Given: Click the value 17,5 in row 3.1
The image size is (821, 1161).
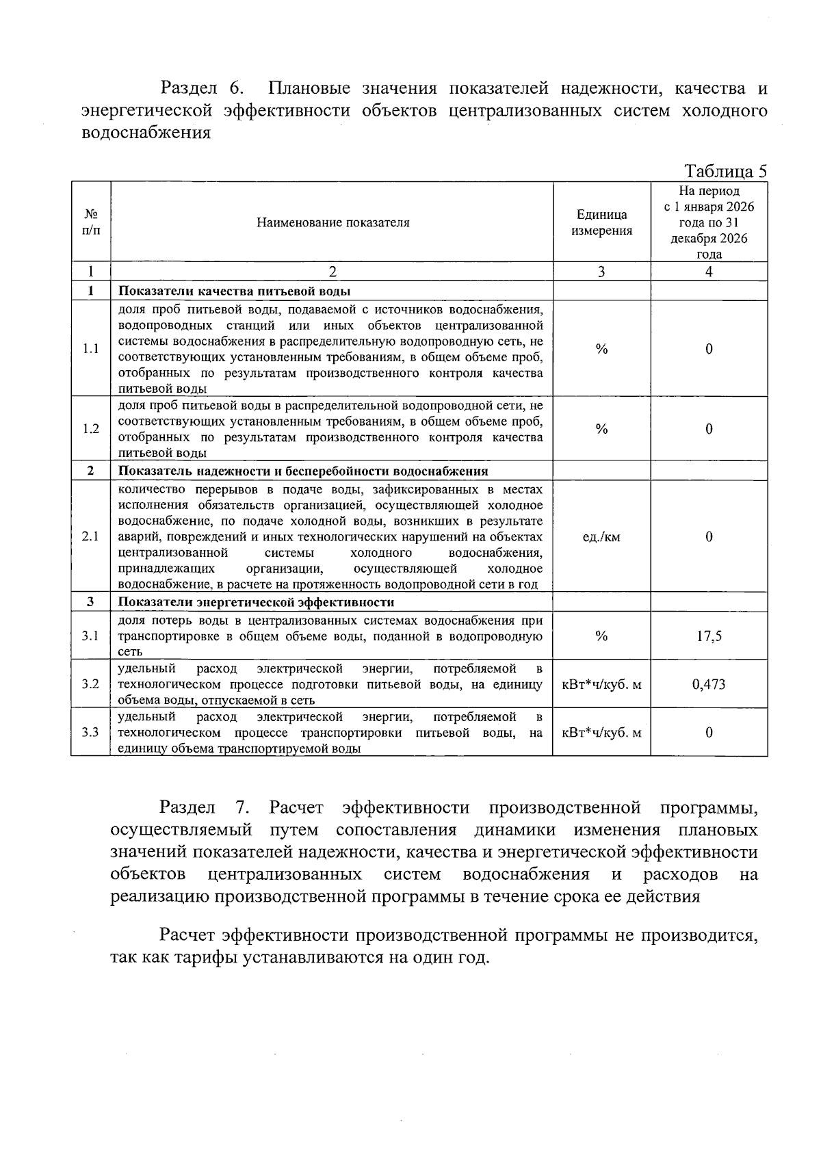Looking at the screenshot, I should coord(709,636).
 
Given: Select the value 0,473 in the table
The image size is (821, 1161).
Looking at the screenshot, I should coord(709,684).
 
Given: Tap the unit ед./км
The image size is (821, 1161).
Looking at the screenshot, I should coord(601,537).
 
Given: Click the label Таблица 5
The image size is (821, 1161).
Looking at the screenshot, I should coord(725,171).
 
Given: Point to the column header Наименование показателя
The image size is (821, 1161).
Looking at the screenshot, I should coord(333,222).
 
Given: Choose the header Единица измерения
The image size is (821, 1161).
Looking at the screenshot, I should coord(601,222).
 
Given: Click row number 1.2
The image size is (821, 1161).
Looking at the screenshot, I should coord(91,429).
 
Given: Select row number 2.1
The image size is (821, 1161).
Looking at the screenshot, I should coord(91,537).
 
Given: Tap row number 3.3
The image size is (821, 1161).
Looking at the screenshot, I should coord(91,733).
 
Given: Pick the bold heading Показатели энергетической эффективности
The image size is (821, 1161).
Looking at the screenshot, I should coord(256,603).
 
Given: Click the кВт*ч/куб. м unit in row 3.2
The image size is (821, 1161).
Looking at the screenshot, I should coord(601,684).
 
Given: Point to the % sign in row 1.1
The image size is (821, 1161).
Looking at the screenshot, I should coord(601,349).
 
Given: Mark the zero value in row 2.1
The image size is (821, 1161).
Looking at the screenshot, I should coord(709,537).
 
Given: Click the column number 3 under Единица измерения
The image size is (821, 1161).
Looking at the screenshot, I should coord(601,272).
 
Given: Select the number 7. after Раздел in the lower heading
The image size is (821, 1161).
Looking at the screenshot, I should coord(240,808).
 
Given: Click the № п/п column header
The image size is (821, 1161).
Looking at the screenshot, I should coord(91,222).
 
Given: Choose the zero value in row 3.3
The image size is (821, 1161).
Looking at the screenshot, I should coord(709,733).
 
